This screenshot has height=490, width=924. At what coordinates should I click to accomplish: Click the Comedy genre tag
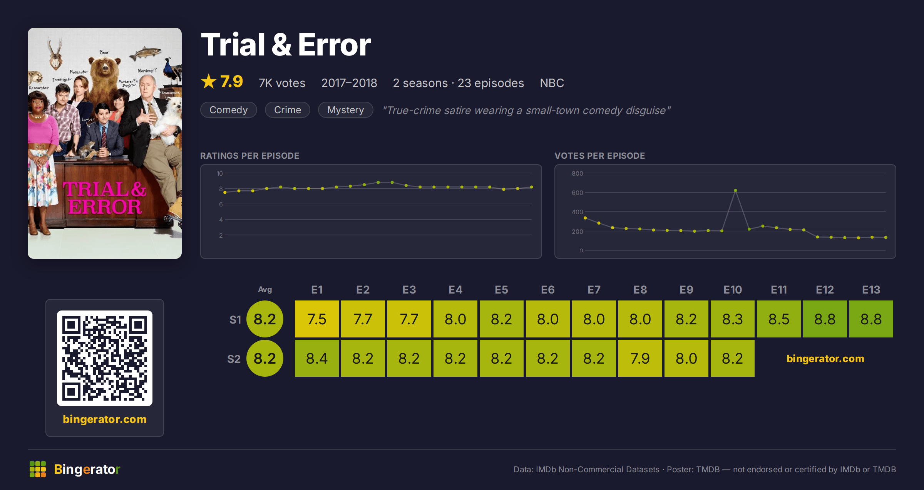click(228, 110)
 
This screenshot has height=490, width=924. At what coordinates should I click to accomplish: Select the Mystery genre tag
click(345, 110)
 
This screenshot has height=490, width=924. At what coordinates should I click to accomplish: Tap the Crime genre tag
click(287, 110)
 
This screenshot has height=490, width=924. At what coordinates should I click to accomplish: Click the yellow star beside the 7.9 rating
click(209, 81)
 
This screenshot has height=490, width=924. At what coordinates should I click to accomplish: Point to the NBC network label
click(552, 83)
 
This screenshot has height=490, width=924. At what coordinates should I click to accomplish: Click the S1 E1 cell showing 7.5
click(317, 319)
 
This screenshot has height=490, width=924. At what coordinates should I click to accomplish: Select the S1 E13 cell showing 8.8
click(871, 319)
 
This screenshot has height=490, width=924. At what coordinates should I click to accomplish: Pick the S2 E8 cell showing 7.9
click(640, 358)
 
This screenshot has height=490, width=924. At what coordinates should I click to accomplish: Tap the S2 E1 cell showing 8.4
click(317, 358)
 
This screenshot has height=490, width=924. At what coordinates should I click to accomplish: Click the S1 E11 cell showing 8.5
click(779, 319)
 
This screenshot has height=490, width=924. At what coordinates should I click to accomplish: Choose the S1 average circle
click(265, 319)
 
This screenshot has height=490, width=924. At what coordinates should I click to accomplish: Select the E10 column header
click(733, 290)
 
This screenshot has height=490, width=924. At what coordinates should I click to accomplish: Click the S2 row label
click(234, 359)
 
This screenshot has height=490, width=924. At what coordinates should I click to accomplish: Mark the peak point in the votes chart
click(735, 190)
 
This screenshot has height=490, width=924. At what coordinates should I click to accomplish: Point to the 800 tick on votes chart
click(577, 173)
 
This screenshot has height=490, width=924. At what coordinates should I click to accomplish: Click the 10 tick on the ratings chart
click(219, 173)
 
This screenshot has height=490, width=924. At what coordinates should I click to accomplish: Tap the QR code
click(105, 358)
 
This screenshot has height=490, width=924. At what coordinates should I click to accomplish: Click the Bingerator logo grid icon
click(38, 469)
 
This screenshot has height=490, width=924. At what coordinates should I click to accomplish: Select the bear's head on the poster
click(104, 67)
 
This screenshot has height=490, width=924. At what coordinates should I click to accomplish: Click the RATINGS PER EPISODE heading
click(249, 156)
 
